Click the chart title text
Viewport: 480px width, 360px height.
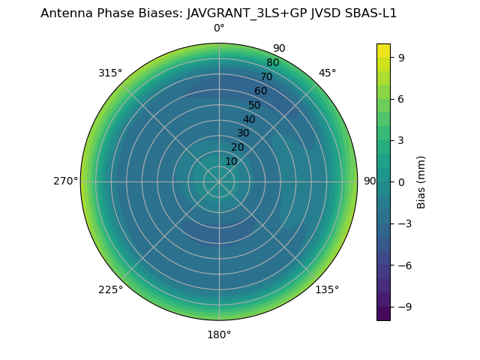coord(218,13)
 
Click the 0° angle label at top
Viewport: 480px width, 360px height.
coord(219,28)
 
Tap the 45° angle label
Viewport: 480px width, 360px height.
coord(327,73)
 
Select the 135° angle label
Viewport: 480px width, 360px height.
coord(327,289)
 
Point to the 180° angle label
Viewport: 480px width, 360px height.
coord(219,334)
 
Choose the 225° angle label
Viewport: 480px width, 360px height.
coord(110,289)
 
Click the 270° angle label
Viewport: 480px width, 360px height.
coord(65,181)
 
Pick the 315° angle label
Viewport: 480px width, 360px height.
coord(110,73)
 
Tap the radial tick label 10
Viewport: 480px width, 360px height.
coord(231,161)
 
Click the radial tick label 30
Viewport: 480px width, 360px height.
coord(243,133)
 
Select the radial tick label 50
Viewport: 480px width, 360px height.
coord(255,105)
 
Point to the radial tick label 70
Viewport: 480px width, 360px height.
coord(266,76)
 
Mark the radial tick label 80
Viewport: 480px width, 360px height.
coord(272,63)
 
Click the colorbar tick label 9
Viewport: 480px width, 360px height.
coord(401,57)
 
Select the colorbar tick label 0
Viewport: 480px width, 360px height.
coord(401,182)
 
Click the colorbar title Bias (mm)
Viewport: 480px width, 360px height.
coord(421,181)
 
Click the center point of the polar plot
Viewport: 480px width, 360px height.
coord(219,181)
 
